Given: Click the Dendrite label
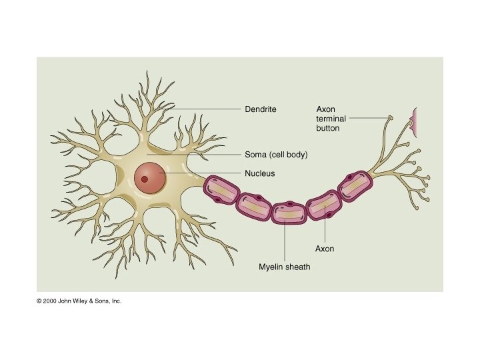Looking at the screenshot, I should (x=260, y=108).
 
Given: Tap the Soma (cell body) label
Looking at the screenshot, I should (x=276, y=154).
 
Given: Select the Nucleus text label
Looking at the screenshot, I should (x=260, y=173).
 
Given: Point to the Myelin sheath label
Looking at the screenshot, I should (x=285, y=267).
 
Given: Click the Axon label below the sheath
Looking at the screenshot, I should (x=324, y=249).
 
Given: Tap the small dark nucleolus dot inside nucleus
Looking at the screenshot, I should (x=144, y=179).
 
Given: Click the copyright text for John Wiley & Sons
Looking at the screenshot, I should (x=79, y=301).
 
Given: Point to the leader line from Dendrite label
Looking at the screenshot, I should (x=207, y=108).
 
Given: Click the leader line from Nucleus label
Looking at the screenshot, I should (x=200, y=173).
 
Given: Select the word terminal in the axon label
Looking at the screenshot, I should (x=330, y=118).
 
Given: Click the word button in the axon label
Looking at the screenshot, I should (x=327, y=127).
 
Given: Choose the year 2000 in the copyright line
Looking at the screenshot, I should (x=51, y=301).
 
